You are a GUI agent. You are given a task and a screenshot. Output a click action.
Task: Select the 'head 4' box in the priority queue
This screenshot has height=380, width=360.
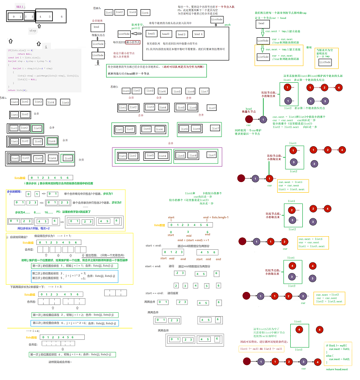199,34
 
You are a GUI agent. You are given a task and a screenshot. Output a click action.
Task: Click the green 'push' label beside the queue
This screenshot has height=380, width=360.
228,24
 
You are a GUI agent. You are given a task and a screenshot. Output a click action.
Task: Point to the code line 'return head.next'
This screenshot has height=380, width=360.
338,369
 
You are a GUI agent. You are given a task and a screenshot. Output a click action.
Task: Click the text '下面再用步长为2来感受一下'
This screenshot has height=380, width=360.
31,287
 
